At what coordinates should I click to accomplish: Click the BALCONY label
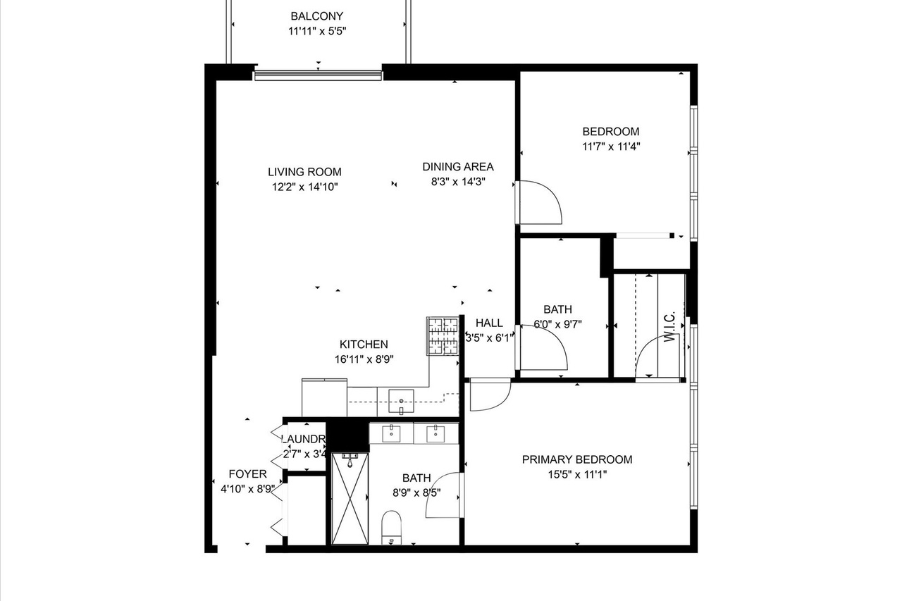click(317, 16)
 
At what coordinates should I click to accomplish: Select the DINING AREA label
click(458, 167)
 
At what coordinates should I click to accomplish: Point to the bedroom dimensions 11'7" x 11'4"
click(610, 147)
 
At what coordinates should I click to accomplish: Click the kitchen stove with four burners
click(443, 335)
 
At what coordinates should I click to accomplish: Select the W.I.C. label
click(670, 328)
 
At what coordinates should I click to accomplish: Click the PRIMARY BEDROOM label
click(576, 459)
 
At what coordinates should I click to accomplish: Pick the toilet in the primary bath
click(391, 528)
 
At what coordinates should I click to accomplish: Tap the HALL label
click(489, 323)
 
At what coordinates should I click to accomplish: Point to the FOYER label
click(247, 474)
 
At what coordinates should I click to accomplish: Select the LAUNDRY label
click(304, 440)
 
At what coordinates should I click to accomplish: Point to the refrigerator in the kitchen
click(324, 397)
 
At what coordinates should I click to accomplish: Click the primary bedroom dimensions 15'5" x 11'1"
click(576, 474)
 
